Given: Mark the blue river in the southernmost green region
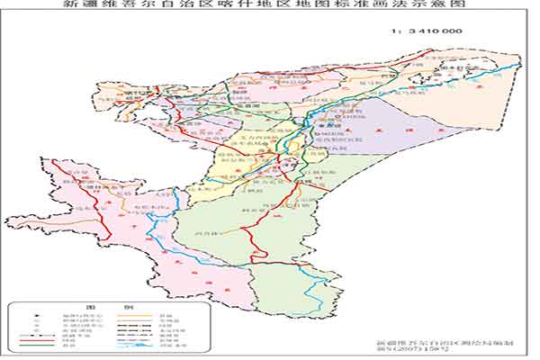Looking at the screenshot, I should [x=315, y=288].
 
